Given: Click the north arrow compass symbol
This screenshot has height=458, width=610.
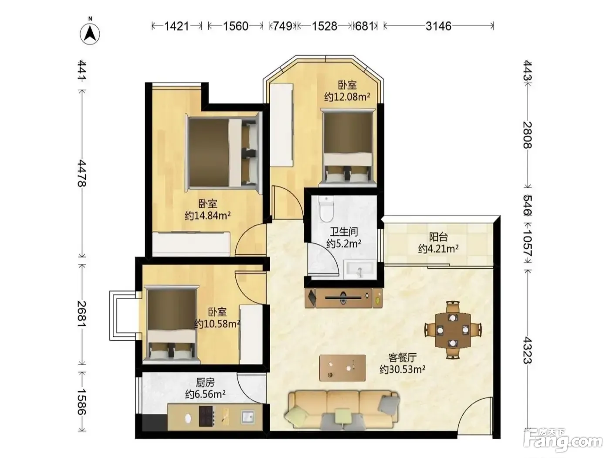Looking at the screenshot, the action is (90, 32).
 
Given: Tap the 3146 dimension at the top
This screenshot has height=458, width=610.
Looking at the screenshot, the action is (438, 26).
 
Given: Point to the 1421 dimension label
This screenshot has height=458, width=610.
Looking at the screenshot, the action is (177, 26).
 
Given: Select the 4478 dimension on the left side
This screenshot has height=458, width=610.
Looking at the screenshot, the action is (82, 173).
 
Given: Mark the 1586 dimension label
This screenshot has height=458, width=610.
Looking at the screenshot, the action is (82, 401).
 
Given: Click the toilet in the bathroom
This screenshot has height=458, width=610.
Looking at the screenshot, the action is (326, 208).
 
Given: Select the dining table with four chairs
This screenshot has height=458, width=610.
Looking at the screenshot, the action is (453, 330).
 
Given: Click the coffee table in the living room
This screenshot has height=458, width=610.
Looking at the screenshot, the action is (342, 368).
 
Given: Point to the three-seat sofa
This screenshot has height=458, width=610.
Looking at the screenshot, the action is (342, 411).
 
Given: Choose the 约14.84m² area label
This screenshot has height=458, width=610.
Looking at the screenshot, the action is (207, 215).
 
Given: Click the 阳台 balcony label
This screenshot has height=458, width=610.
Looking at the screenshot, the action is (438, 237).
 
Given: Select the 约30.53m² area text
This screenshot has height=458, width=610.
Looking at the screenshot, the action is (403, 369).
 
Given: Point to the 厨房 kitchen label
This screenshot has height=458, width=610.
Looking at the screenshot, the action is (205, 383).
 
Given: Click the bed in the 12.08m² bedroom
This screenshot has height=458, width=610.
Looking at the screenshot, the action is (348, 148).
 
